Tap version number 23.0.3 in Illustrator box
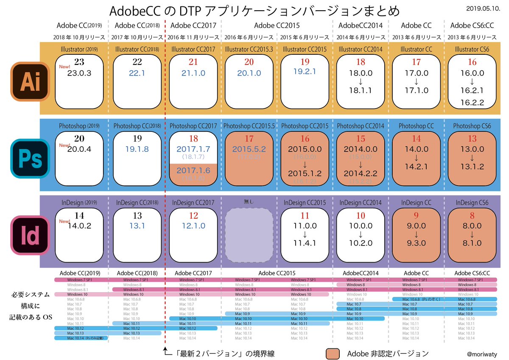coord(79,73)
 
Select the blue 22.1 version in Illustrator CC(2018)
coord(137,73)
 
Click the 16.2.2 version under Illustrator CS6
coord(472,102)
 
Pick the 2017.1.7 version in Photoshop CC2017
coord(193,149)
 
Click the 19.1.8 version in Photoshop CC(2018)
coord(137,149)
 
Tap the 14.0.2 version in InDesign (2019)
coord(79,226)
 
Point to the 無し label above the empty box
coord(249,202)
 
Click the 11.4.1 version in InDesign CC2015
coord(305,243)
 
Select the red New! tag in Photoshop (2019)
coord(64,145)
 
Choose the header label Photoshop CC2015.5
coord(249,126)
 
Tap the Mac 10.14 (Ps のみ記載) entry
coord(82,338)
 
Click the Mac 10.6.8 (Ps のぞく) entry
coord(417,299)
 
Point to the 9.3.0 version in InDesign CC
coord(417,243)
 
